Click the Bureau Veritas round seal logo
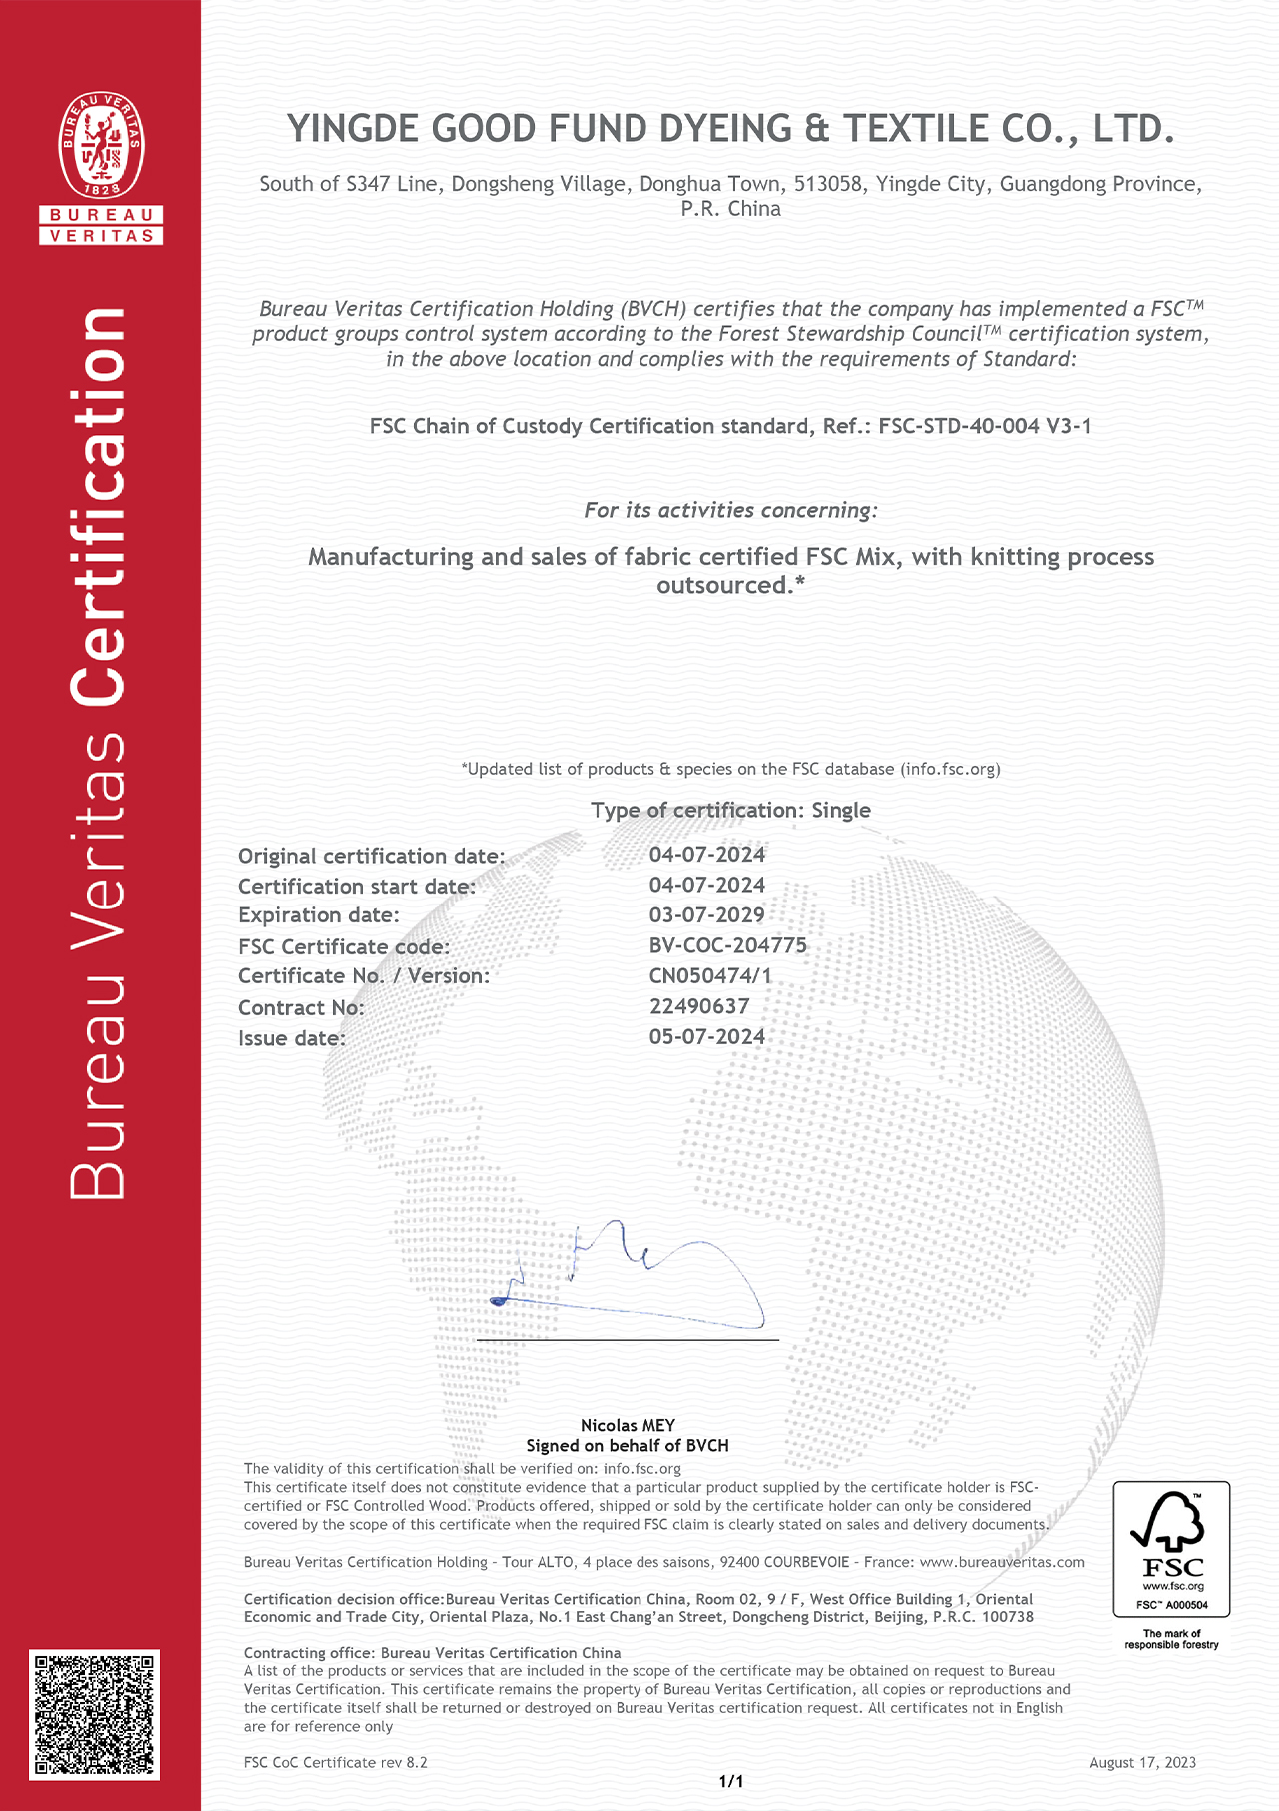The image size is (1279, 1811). (x=101, y=145)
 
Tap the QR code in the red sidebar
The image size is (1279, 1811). (x=95, y=1714)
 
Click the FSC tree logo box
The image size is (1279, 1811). (x=1171, y=1549)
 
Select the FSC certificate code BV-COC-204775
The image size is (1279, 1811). (x=727, y=945)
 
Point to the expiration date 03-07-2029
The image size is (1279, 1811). (x=706, y=915)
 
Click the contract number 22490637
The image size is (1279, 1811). (x=698, y=1006)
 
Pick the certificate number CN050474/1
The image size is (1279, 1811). (x=710, y=976)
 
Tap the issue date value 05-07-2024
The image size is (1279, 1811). (x=706, y=1037)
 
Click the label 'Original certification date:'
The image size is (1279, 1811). (x=371, y=856)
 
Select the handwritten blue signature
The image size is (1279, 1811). (x=630, y=1279)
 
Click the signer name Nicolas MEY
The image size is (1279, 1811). (x=628, y=1425)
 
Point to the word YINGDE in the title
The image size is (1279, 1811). (x=354, y=129)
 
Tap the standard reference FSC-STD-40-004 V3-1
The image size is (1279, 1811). (x=984, y=426)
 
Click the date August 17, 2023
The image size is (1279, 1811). (x=1142, y=1762)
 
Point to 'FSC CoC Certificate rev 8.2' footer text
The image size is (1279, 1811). (x=335, y=1762)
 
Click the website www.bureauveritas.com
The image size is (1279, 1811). (x=1001, y=1562)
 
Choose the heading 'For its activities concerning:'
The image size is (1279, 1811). (x=730, y=510)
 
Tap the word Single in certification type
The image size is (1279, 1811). (x=841, y=810)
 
